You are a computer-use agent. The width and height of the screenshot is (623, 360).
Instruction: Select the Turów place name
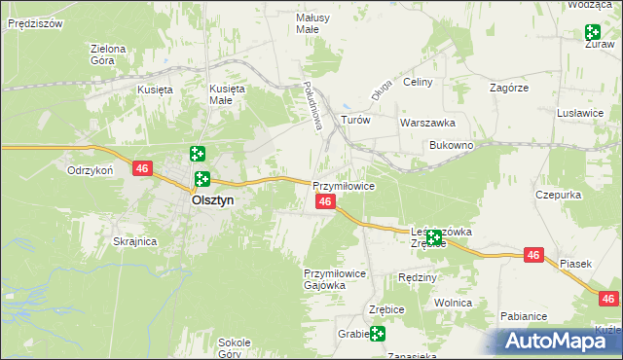click(355, 121)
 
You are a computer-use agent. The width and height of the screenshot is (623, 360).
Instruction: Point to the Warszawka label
click(428, 124)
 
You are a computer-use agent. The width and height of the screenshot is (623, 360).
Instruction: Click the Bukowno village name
click(451, 145)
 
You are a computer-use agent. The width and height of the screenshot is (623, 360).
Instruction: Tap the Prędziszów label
click(35, 21)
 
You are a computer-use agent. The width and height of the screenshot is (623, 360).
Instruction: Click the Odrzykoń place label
click(91, 169)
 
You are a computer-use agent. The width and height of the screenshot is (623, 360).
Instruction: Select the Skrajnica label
click(135, 241)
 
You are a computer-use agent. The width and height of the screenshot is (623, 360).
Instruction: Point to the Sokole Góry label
click(235, 347)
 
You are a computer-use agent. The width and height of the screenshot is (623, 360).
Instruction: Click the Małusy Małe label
click(312, 23)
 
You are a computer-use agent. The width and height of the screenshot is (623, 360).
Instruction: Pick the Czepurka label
click(558, 195)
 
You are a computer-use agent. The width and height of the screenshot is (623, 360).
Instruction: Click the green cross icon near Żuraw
click(593, 33)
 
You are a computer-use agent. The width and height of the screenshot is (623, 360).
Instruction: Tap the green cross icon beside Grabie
click(377, 334)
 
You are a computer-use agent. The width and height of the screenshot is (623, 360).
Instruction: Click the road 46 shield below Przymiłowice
click(326, 201)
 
